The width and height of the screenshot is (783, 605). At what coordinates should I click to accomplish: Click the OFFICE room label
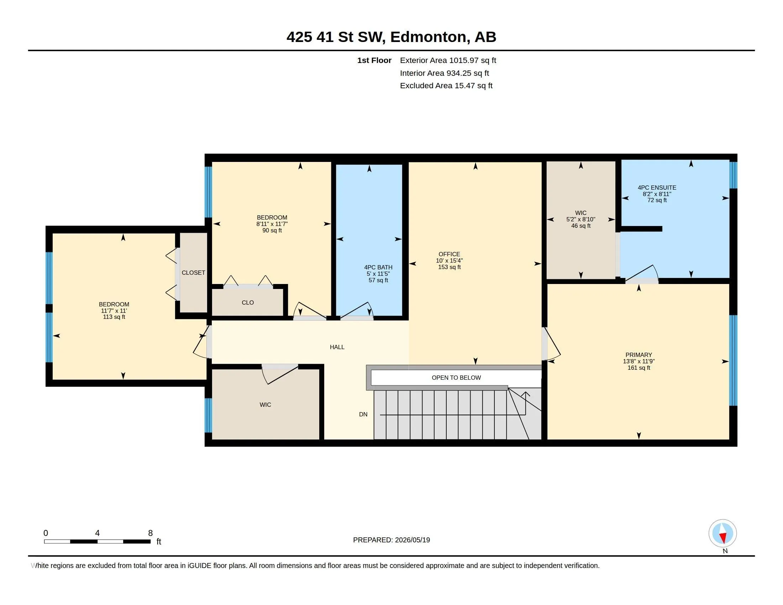pyautogui.click(x=449, y=254)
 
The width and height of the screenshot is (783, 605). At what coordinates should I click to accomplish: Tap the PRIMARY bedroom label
pyautogui.click(x=639, y=355)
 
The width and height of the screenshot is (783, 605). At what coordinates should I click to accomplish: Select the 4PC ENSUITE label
pyautogui.click(x=657, y=188)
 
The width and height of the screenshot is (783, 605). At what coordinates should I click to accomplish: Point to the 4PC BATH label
pyautogui.click(x=378, y=267)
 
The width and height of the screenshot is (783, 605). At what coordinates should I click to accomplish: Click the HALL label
pyautogui.click(x=337, y=347)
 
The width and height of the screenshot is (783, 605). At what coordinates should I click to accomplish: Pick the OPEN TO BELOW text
pyautogui.click(x=456, y=377)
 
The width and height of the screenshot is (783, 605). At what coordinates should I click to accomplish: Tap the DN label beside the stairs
pyautogui.click(x=363, y=414)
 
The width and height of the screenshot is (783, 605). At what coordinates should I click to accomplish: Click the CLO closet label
pyautogui.click(x=248, y=302)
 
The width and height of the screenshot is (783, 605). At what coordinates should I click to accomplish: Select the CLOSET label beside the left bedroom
pyautogui.click(x=193, y=273)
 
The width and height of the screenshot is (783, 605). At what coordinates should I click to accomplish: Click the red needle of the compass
pyautogui.click(x=723, y=538)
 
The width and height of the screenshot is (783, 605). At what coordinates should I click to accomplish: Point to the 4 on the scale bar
pyautogui.click(x=97, y=533)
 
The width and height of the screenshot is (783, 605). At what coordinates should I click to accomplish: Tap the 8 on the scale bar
pyautogui.click(x=150, y=533)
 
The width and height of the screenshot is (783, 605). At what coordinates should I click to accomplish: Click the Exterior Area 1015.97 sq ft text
pyautogui.click(x=448, y=60)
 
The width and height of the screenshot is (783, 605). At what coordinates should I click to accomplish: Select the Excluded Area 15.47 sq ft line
pyautogui.click(x=446, y=86)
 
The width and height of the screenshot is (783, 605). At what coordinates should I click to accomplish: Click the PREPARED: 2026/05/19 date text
pyautogui.click(x=391, y=540)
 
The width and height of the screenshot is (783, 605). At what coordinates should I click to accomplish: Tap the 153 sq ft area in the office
pyautogui.click(x=449, y=267)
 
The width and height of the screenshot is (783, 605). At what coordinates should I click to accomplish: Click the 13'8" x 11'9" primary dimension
pyautogui.click(x=639, y=361)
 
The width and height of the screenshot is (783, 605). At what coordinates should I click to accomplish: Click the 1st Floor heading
pyautogui.click(x=374, y=60)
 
